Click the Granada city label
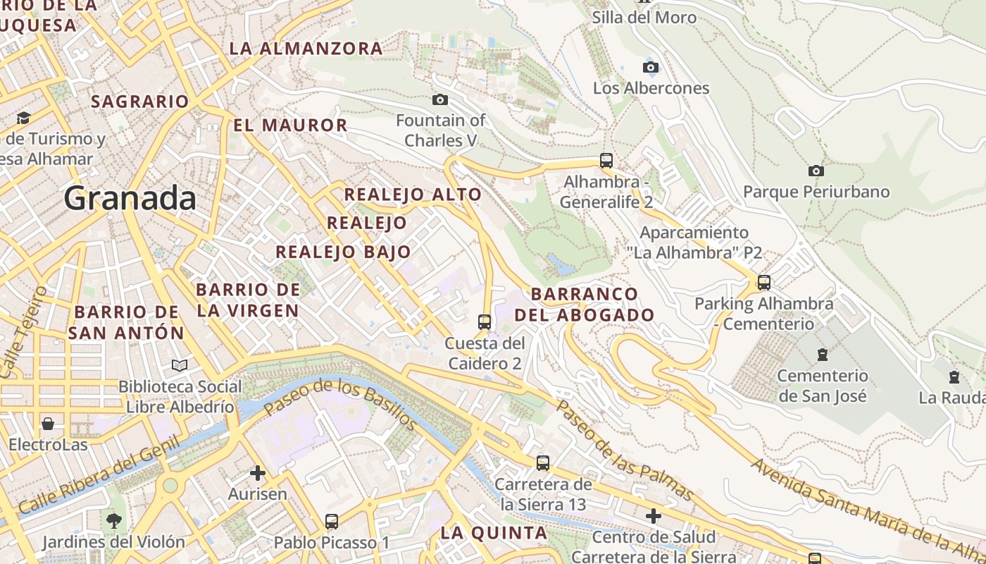click(130, 199)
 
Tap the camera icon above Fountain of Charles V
click(440, 99)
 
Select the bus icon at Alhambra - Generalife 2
click(606, 160)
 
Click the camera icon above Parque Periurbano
click(816, 171)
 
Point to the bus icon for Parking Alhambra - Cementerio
click(764, 283)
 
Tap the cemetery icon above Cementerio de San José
click(822, 354)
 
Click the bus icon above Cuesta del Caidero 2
click(485, 321)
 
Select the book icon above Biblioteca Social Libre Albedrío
click(180, 365)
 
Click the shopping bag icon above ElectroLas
click(48, 424)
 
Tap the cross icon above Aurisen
click(258, 472)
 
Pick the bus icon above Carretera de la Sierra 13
click(542, 463)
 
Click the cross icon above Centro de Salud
click(654, 516)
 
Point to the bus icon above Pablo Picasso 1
click(332, 522)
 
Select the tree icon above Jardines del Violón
click(113, 521)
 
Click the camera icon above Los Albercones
click(651, 68)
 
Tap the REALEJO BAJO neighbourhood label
click(343, 252)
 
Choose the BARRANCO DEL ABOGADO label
click(585, 305)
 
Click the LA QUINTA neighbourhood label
click(493, 533)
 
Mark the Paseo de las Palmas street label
click(624, 450)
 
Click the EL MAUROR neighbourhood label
click(290, 125)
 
